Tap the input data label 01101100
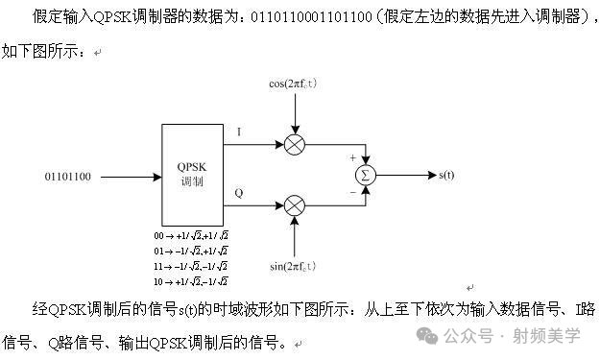tap(68, 177)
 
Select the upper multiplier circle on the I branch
tap(295, 144)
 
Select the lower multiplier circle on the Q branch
tap(295, 205)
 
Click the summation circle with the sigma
tap(365, 175)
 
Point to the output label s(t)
tap(446, 175)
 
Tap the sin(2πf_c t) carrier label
tap(293, 266)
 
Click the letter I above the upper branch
tap(238, 132)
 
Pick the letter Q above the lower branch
tap(238, 193)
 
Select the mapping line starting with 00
tap(190, 235)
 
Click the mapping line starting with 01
tap(190, 251)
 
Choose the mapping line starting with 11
tap(190, 266)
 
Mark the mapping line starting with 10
tap(190, 281)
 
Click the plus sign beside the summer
tap(352, 158)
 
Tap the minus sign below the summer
tap(352, 191)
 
